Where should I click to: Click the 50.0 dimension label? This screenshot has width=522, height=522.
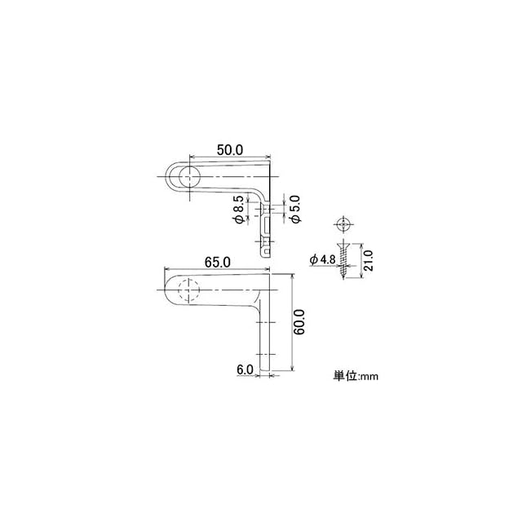click(230, 150)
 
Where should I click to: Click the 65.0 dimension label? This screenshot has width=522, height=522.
click(218, 263)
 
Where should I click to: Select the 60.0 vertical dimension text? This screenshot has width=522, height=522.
click(299, 322)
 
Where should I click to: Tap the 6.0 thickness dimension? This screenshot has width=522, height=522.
click(245, 369)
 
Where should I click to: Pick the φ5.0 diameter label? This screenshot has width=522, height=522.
click(295, 209)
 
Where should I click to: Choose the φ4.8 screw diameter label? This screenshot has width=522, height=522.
click(323, 259)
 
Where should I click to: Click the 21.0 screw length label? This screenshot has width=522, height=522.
click(368, 260)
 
